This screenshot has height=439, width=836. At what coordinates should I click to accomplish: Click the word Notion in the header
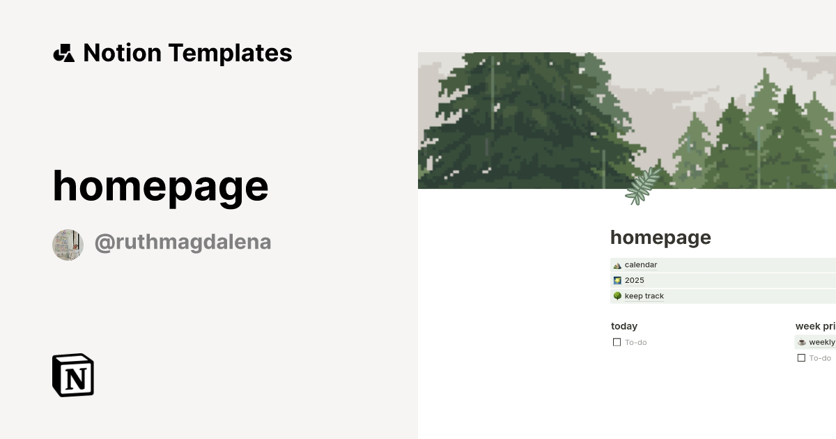pyautogui.click(x=122, y=53)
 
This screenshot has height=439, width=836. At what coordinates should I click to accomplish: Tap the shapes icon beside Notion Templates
pyautogui.click(x=63, y=53)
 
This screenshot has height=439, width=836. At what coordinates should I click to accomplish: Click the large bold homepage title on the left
pyautogui.click(x=160, y=186)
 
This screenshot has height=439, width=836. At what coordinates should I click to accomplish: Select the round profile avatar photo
pyautogui.click(x=68, y=245)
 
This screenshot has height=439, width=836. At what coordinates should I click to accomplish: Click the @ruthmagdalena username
pyautogui.click(x=183, y=242)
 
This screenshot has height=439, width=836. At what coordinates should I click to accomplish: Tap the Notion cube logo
pyautogui.click(x=73, y=375)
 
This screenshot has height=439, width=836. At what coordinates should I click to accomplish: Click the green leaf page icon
pyautogui.click(x=642, y=186)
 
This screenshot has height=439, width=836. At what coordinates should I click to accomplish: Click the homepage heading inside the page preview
pyautogui.click(x=660, y=238)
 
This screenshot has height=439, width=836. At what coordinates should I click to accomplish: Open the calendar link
pyautogui.click(x=640, y=265)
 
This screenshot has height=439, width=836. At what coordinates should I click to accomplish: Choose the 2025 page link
pyautogui.click(x=634, y=280)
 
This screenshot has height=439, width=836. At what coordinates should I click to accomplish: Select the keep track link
pyautogui.click(x=644, y=296)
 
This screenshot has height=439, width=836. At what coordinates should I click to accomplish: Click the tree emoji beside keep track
pyautogui.click(x=617, y=296)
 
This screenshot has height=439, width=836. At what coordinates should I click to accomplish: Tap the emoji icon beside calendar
pyautogui.click(x=617, y=265)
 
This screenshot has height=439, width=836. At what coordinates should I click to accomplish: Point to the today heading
pyautogui.click(x=624, y=326)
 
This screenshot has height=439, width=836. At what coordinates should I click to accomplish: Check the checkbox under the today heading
pyautogui.click(x=617, y=342)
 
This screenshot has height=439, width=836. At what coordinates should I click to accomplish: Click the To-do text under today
pyautogui.click(x=635, y=342)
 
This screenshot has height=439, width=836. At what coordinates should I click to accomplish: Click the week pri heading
pyautogui.click(x=815, y=326)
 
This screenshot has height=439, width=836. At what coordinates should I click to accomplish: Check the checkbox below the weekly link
pyautogui.click(x=801, y=358)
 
